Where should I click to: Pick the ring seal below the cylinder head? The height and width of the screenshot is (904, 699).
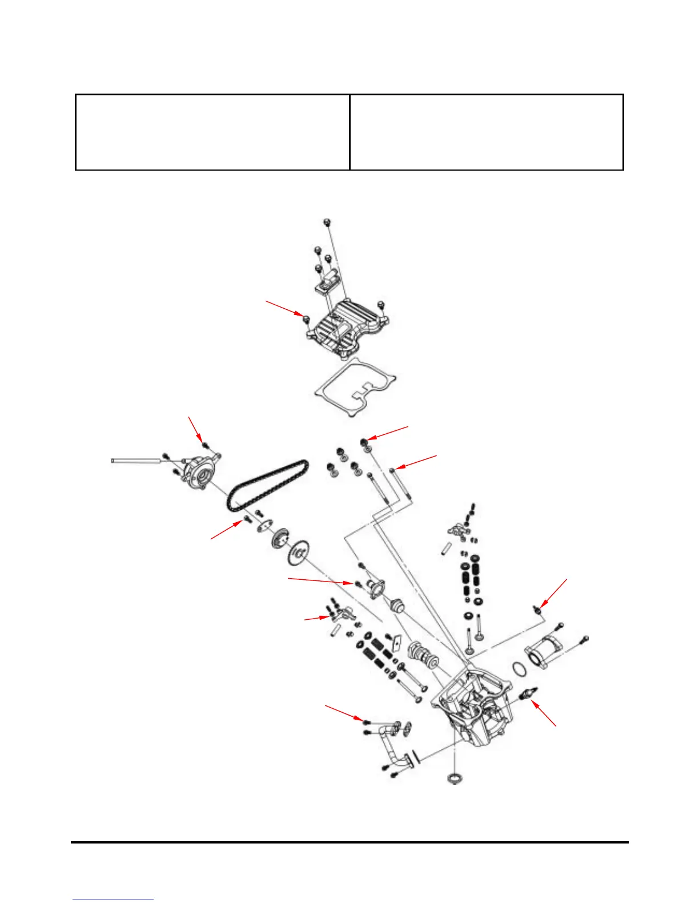pyautogui.click(x=454, y=778)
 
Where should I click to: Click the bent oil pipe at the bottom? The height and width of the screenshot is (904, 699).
pyautogui.click(x=394, y=748)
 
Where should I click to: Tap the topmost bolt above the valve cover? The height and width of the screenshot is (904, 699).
pyautogui.click(x=327, y=221)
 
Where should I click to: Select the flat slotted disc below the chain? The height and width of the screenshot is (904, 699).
pyautogui.click(x=298, y=554)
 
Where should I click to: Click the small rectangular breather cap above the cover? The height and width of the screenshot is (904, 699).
pyautogui.click(x=328, y=281)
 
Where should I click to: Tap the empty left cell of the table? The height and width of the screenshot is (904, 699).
pyautogui.click(x=212, y=132)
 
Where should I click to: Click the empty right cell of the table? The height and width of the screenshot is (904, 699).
pyautogui.click(x=486, y=132)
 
